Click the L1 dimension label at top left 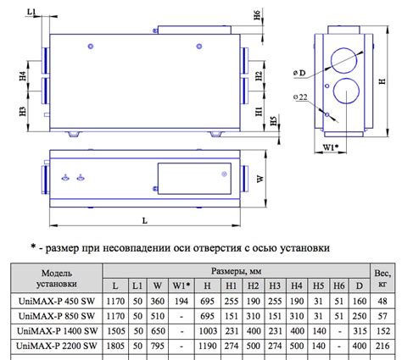(31, 12)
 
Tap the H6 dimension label (257, 15)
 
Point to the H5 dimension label (273, 121)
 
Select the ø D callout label (299, 73)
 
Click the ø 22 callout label (300, 97)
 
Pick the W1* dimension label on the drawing (331, 147)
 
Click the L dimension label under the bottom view (145, 220)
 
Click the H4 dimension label (23, 76)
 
